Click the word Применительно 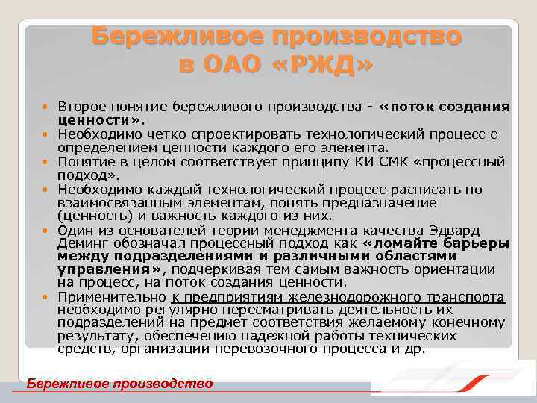click(110, 297)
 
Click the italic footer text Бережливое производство click(119, 384)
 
